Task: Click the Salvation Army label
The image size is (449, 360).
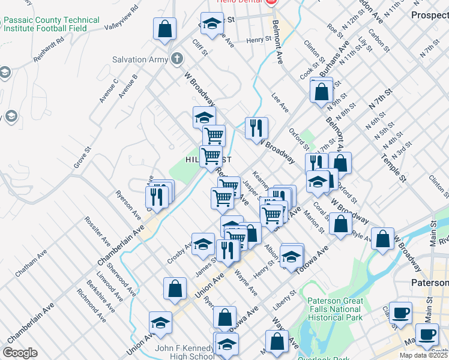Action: tap(137, 59)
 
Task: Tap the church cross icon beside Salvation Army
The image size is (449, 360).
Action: tap(176, 59)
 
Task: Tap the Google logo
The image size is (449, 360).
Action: tap(20, 353)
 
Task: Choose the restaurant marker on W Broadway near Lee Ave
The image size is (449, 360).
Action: tap(256, 128)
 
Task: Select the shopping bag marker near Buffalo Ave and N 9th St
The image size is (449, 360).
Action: tap(322, 92)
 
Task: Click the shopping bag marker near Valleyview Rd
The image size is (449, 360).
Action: tap(164, 29)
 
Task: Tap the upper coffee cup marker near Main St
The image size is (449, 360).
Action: tap(401, 313)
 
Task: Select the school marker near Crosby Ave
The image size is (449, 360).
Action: tap(203, 244)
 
